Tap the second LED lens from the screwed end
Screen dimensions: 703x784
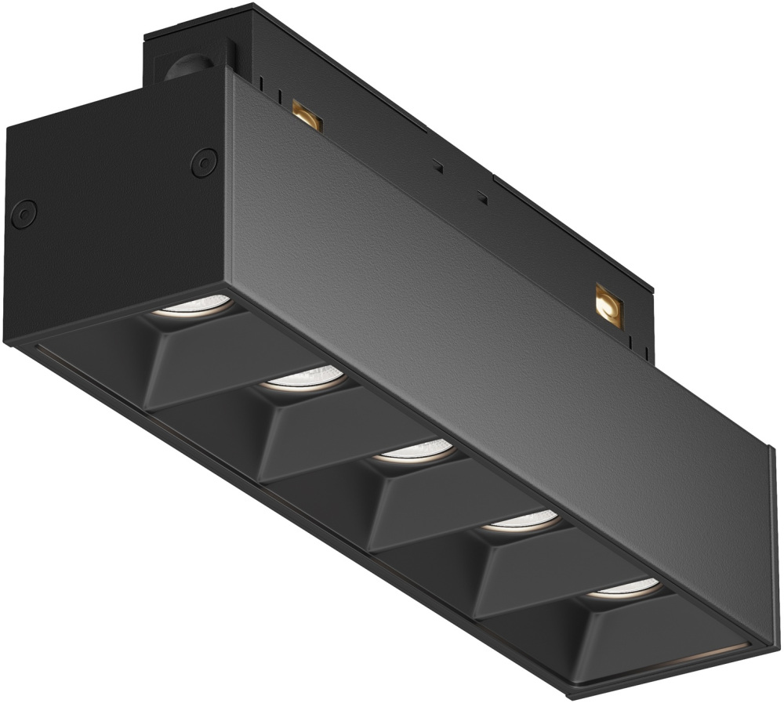tap(307, 379)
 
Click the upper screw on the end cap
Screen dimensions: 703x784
tap(204, 161)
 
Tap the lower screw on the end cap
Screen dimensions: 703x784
tap(24, 212)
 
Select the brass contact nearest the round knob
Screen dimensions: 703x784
tap(307, 114)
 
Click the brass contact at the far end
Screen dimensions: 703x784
tap(608, 303)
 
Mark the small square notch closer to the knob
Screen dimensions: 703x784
tap(437, 166)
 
